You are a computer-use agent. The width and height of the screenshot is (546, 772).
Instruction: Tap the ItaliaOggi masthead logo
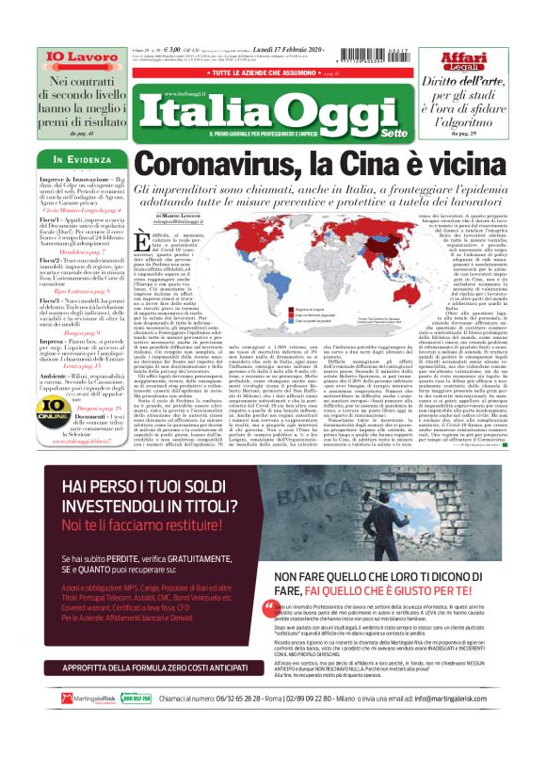coord(273,111)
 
